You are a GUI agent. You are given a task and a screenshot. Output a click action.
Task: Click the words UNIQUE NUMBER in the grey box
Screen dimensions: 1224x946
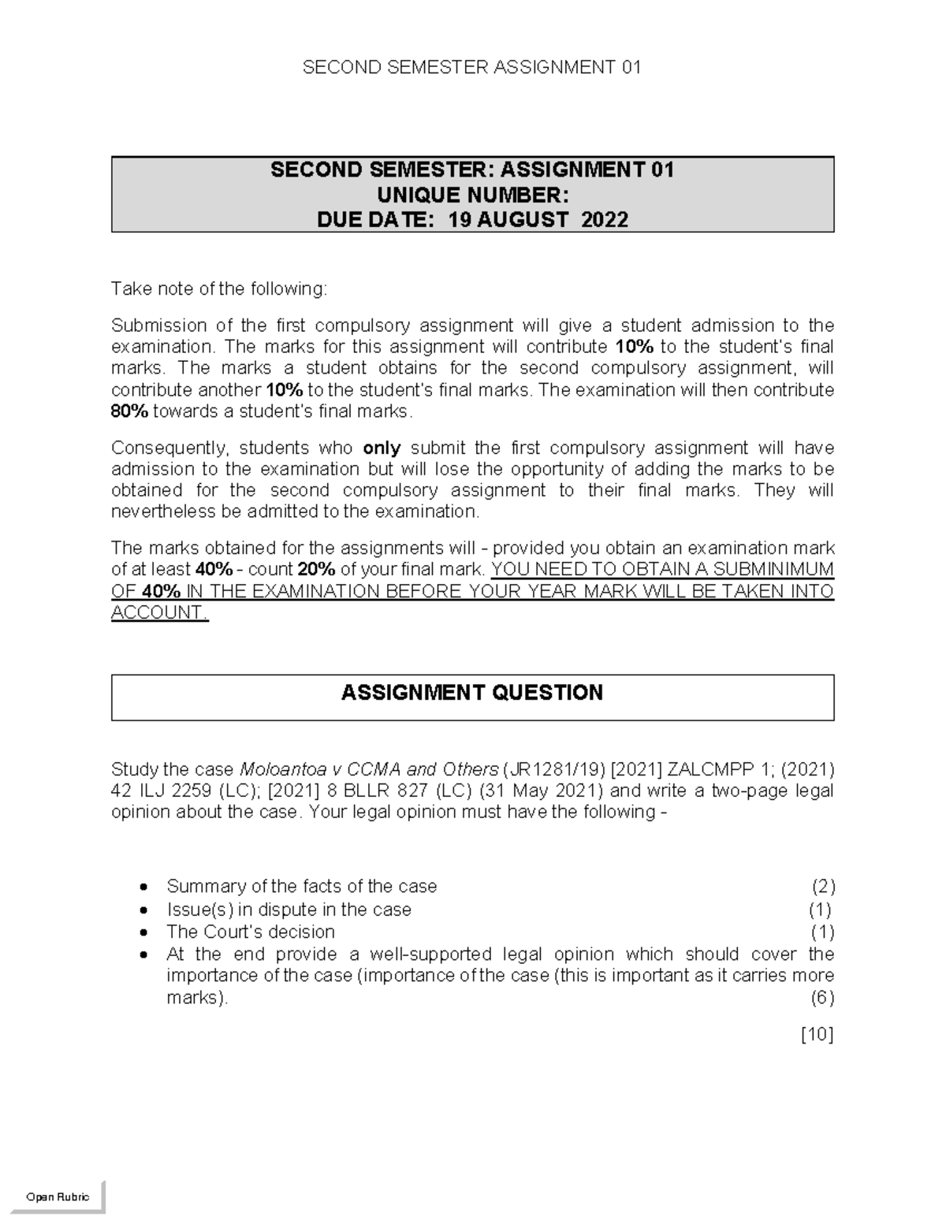coord(472,195)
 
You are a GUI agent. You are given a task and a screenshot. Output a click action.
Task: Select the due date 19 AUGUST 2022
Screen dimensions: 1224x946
coord(538,219)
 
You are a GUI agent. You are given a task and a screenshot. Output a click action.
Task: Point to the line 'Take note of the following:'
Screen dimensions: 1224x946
coord(218,289)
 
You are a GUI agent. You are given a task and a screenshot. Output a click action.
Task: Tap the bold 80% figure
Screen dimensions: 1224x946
coord(129,411)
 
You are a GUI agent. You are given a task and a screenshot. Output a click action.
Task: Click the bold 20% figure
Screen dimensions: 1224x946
coord(317,569)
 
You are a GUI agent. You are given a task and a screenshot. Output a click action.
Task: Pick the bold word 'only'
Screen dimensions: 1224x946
coord(382,448)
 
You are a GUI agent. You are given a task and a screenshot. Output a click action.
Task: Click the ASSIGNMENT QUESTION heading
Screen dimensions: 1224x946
coord(472,693)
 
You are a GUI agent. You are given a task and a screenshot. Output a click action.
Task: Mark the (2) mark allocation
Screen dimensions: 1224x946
coord(823,887)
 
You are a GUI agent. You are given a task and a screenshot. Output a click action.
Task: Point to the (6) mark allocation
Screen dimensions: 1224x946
coord(823,998)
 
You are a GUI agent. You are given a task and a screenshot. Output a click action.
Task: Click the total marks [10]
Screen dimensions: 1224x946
coord(817,1035)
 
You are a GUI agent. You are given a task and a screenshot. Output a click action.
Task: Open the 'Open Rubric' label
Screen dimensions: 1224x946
coord(58,1196)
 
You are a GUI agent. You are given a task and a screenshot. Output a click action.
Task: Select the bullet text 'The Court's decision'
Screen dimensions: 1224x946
coord(251,932)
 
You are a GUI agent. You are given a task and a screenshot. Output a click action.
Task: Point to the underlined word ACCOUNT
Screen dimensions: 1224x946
coord(158,612)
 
